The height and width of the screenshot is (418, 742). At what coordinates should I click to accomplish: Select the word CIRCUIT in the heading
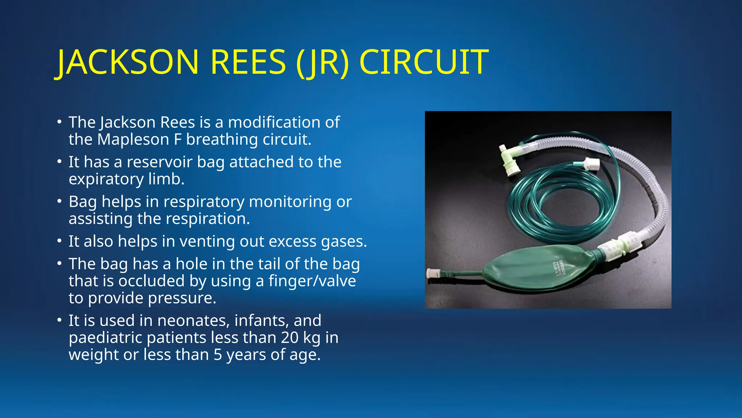point(424,62)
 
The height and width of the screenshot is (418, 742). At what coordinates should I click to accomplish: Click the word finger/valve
point(312,281)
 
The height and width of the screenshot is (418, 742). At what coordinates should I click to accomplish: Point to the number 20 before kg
point(289,338)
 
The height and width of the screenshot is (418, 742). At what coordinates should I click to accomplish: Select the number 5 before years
point(217,355)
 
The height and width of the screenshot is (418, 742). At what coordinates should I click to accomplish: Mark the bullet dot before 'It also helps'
point(59,241)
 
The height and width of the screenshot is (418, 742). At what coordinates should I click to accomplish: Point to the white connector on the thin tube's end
point(592,165)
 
